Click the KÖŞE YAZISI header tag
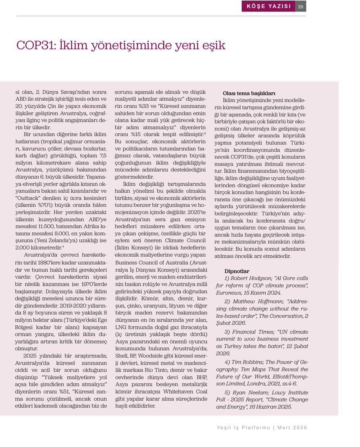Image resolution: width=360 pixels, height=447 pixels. click(x=269, y=6)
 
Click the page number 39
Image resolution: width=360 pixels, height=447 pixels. click(x=301, y=7)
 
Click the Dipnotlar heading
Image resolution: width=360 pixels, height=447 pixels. click(x=237, y=271)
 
